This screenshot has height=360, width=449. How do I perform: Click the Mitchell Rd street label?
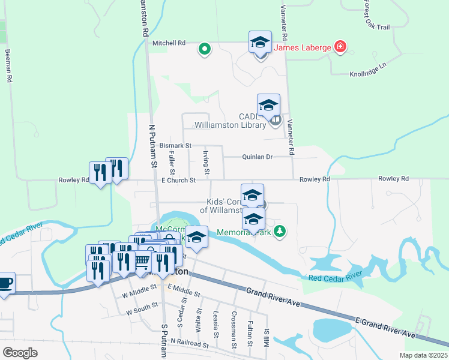click(169, 43)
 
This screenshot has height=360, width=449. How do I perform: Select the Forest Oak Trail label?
click(376, 14)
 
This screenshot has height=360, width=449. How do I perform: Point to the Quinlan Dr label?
click(258, 157)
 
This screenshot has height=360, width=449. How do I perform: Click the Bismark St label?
click(175, 146)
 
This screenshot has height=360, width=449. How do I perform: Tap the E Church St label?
click(179, 180)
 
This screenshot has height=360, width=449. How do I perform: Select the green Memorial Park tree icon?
click(279, 231)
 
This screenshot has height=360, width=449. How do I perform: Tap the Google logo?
click(20, 353)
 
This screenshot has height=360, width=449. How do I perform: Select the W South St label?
click(142, 313)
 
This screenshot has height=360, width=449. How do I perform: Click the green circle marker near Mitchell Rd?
click(204, 49)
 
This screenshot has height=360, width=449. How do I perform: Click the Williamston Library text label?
click(230, 125)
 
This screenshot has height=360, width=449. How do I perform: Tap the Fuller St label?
click(172, 159)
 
